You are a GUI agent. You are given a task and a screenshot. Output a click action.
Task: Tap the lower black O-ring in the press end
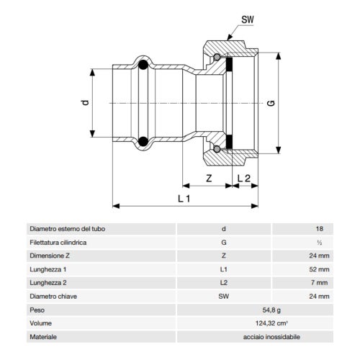click(143, 140)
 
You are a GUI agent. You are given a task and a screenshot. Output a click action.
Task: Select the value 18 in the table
click(319, 229)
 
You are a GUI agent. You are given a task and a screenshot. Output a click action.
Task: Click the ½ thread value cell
click(319, 242)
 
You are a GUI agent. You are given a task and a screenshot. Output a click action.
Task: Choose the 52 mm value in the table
click(318, 269)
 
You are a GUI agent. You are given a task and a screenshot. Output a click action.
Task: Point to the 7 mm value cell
click(320, 282)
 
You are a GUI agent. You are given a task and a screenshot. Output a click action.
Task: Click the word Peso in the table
click(37, 309)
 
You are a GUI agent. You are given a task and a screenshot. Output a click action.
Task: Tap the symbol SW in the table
click(224, 296)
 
